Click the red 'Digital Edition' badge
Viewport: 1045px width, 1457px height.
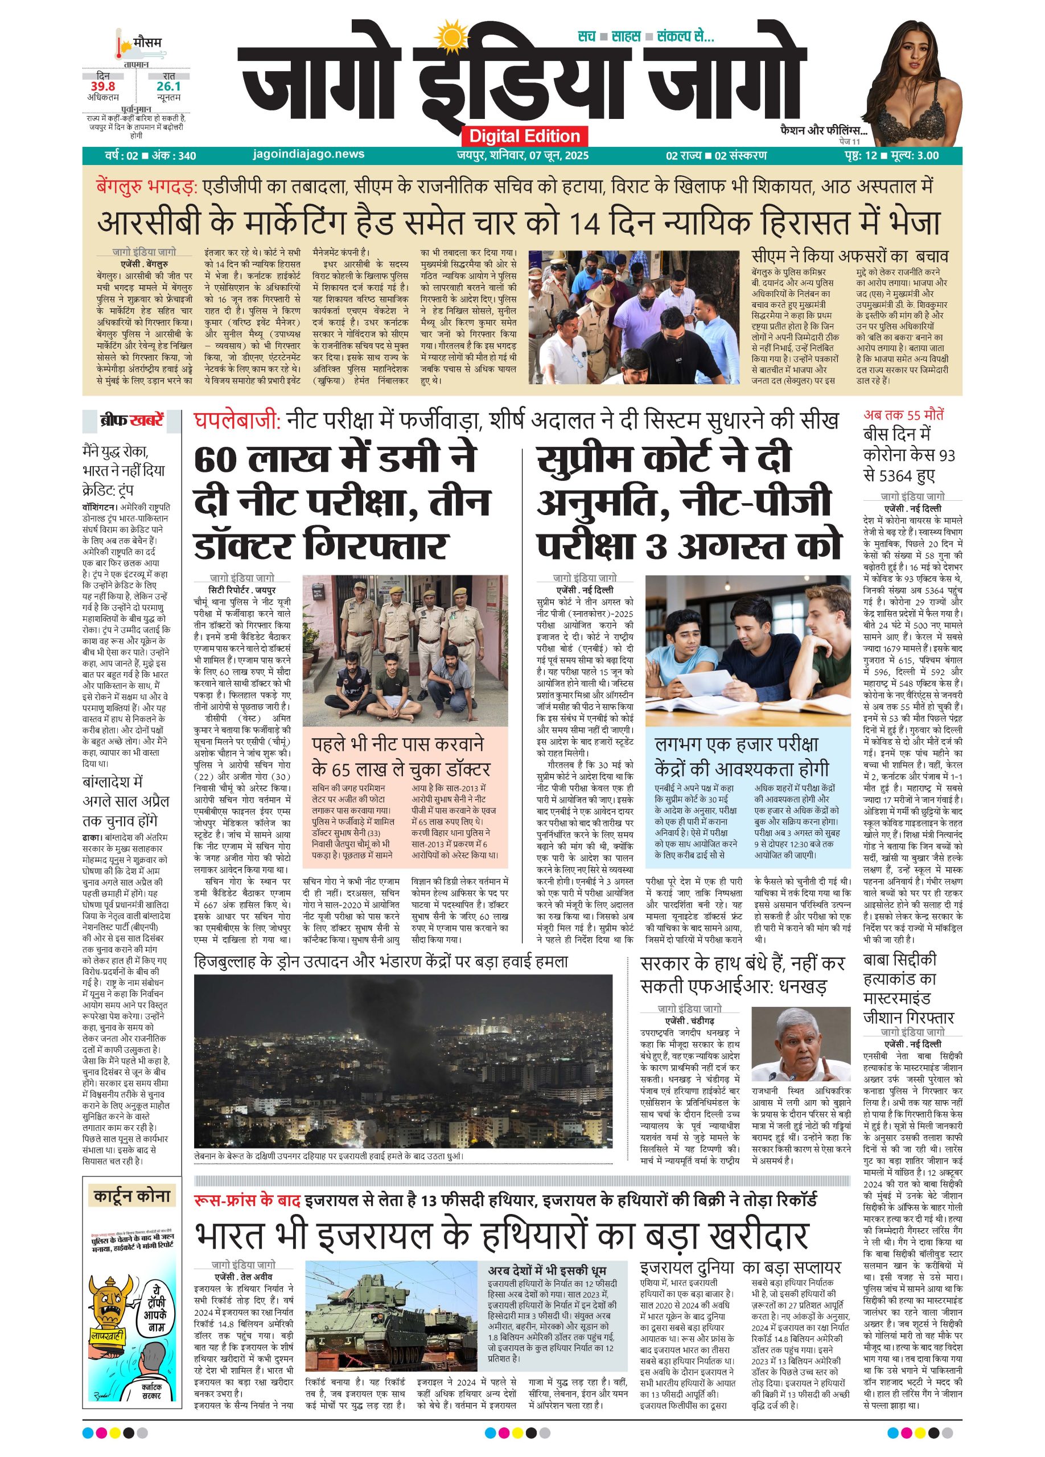[x=524, y=136]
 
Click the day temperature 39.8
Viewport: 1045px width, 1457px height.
[x=102, y=87]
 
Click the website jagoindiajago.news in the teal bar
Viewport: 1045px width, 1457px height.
[x=309, y=154]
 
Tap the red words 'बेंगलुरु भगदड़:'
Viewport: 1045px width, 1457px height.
[x=145, y=187]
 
